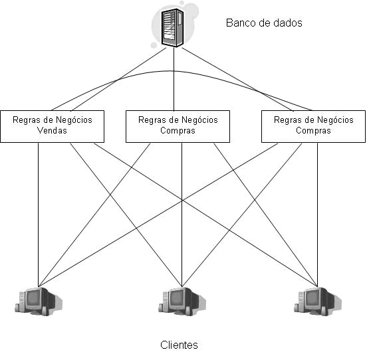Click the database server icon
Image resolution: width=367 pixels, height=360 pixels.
[174, 27]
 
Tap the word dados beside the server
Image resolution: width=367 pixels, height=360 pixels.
[287, 23]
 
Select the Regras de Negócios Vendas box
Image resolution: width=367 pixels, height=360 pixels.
[53, 126]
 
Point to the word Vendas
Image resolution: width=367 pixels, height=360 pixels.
[53, 131]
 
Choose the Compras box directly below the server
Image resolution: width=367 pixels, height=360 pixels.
[178, 126]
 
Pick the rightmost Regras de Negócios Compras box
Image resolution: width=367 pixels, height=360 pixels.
[313, 126]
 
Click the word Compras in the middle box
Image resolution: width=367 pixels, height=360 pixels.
[178, 131]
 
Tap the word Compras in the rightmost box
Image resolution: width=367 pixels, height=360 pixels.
[313, 131]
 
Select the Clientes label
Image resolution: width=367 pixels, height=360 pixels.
[180, 345]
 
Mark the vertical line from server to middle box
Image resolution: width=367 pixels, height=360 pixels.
[174, 80]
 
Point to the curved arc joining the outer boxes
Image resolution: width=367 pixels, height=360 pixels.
[180, 70]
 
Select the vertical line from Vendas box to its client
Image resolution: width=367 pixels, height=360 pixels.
[38, 213]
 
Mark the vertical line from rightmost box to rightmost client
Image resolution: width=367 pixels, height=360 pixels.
[318, 213]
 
